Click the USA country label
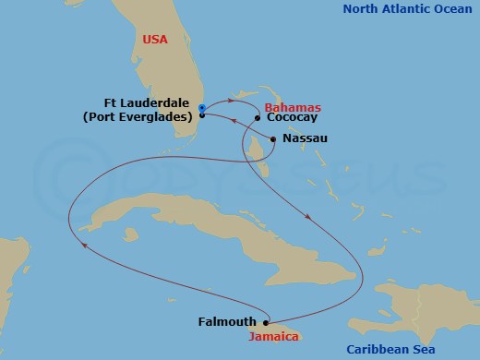[156, 40]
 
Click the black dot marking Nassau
[272, 139]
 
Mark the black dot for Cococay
[257, 118]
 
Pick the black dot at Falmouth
[266, 322]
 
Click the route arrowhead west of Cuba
[84, 245]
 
